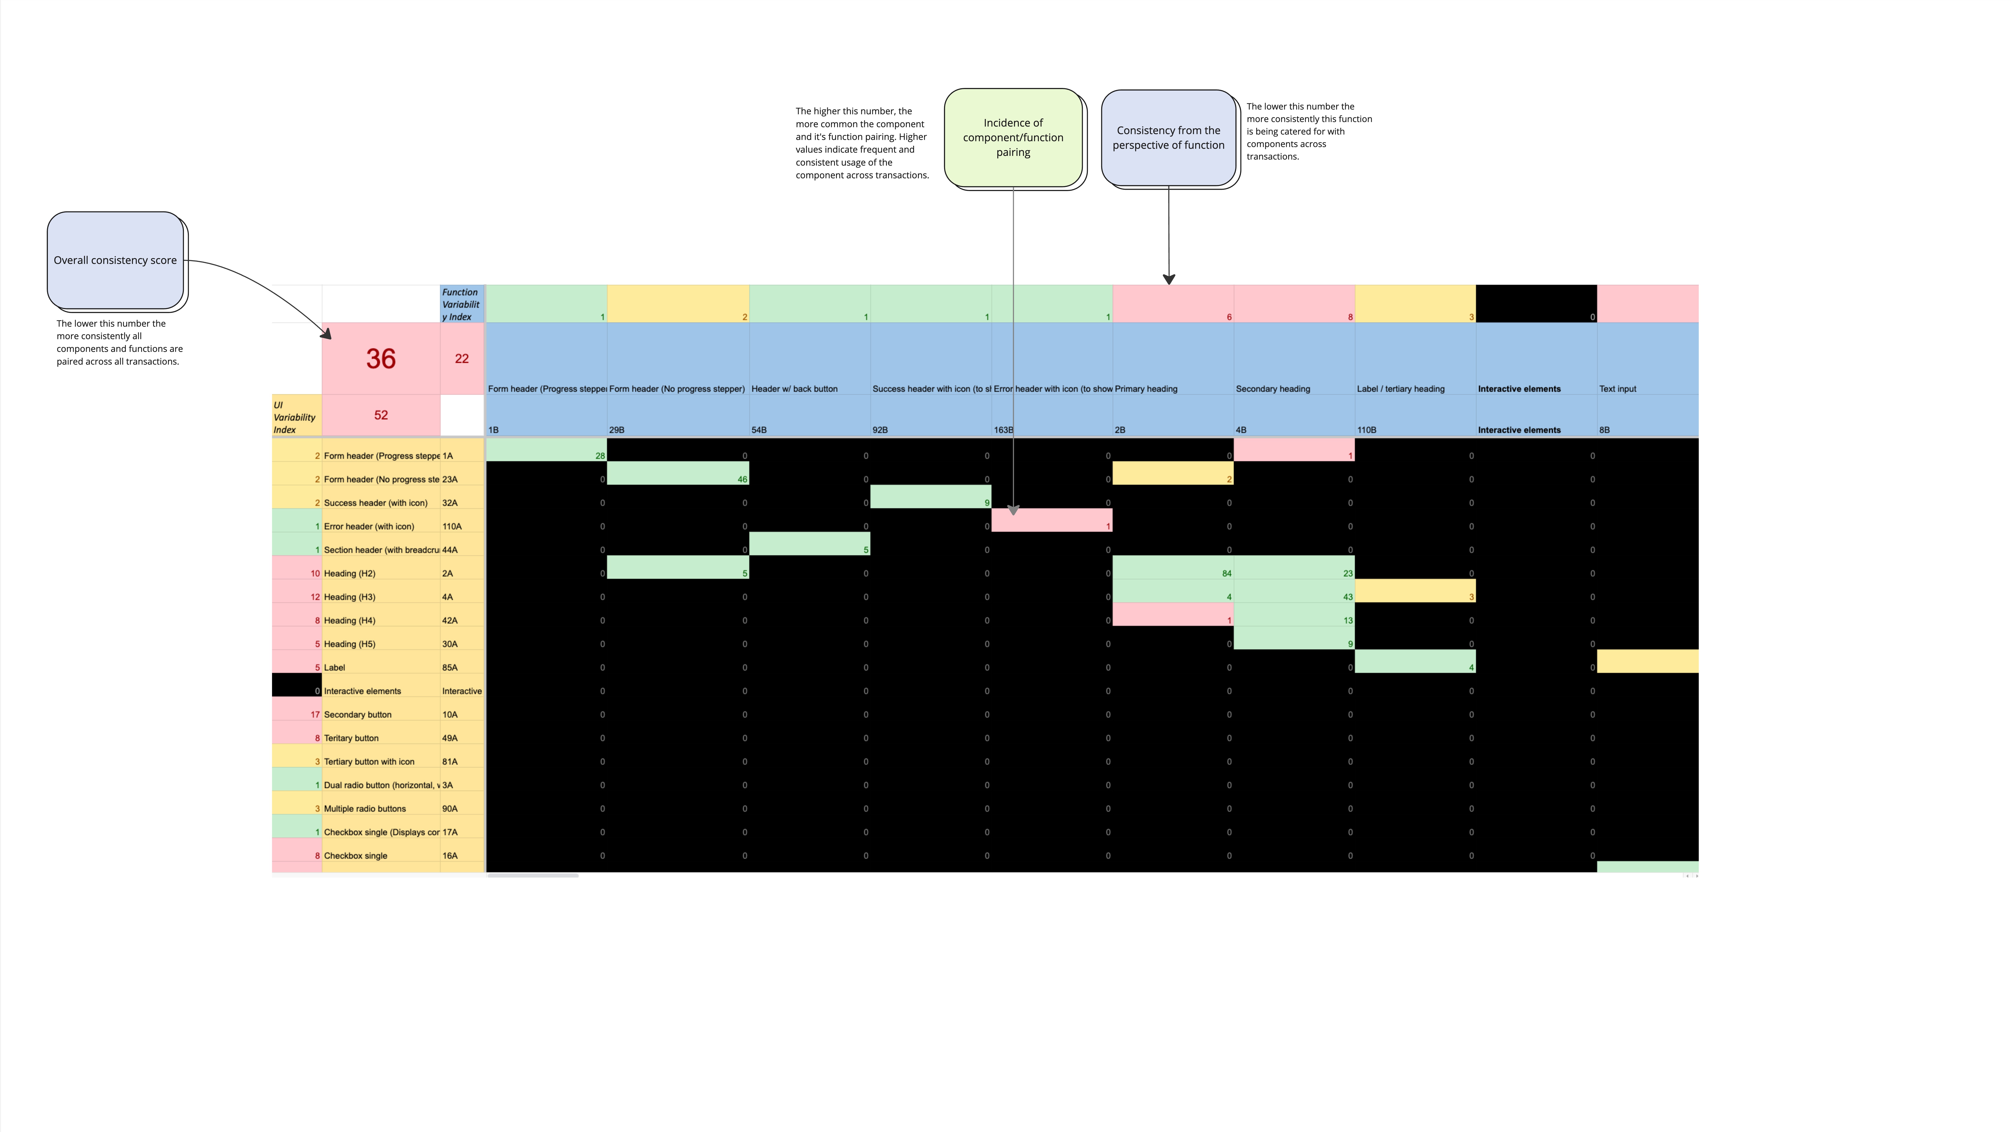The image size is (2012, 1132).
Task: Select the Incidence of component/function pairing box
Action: click(x=1013, y=138)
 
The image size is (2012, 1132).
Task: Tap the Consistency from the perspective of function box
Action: click(x=1168, y=138)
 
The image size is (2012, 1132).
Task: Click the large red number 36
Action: click(x=381, y=359)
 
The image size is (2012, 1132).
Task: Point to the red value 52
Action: click(x=381, y=415)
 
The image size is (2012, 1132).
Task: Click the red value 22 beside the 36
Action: click(x=462, y=359)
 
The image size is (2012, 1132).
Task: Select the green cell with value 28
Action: click(x=547, y=451)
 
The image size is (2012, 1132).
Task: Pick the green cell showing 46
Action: click(x=678, y=474)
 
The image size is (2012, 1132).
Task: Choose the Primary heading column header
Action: click(x=1147, y=388)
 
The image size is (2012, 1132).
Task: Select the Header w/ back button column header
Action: click(x=794, y=388)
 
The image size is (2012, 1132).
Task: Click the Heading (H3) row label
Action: click(x=350, y=597)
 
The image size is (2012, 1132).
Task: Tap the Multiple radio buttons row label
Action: click(x=365, y=809)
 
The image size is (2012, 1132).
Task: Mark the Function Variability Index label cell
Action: click(x=462, y=304)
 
